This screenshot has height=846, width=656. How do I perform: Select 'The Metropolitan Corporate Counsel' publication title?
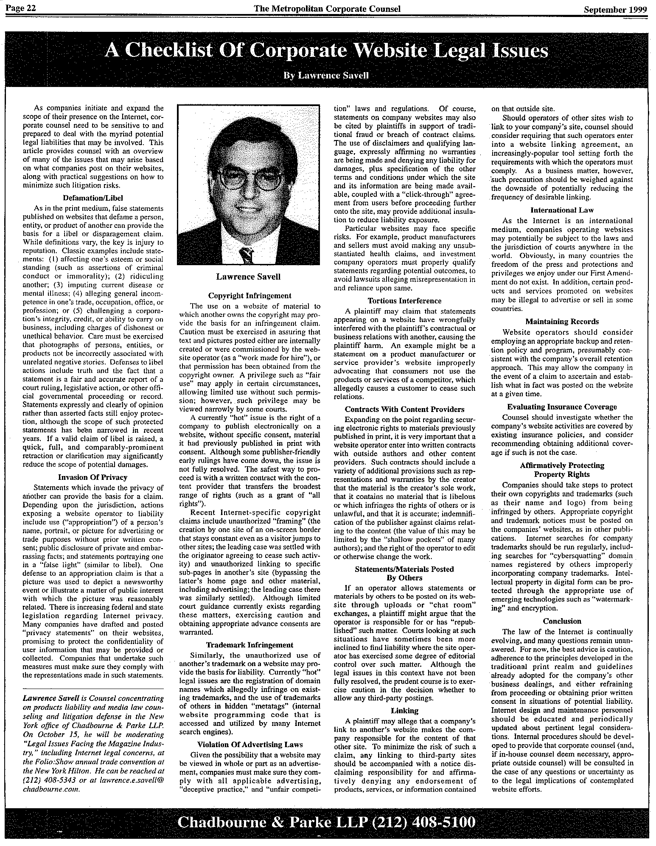click(327, 9)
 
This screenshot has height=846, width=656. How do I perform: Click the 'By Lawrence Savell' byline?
click(326, 76)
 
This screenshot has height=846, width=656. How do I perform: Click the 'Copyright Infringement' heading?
click(250, 296)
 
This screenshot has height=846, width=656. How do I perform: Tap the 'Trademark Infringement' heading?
click(250, 645)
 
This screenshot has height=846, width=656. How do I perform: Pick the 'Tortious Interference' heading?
click(404, 300)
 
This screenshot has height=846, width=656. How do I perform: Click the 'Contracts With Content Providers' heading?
click(404, 409)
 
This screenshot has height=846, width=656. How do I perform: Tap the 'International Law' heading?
click(562, 210)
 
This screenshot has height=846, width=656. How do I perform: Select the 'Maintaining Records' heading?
click(562, 321)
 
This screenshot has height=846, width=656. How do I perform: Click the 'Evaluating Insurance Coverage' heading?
click(562, 407)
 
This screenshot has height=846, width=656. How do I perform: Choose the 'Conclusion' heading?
click(562, 621)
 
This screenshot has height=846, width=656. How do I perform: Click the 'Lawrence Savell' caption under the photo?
click(248, 277)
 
